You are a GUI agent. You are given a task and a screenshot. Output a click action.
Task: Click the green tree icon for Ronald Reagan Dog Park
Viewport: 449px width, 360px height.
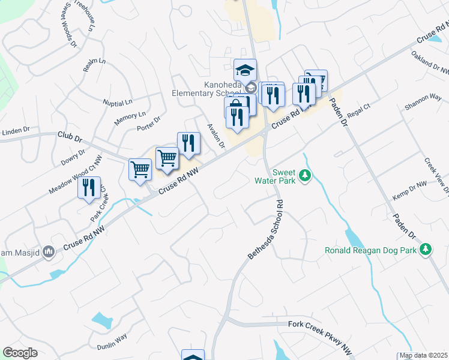point(426,249)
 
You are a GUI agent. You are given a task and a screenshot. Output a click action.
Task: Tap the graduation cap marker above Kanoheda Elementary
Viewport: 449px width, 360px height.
point(245,70)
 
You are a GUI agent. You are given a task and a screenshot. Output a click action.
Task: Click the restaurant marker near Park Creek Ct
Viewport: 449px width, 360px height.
point(89,187)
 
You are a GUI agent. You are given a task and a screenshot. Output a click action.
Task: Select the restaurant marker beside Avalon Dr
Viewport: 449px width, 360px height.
point(188,144)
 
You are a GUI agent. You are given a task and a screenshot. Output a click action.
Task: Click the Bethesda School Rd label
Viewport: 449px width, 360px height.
point(265,229)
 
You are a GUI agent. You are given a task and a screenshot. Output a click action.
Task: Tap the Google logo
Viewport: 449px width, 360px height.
point(20,353)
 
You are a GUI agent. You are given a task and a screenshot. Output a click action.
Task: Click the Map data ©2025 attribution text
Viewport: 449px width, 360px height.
point(423,355)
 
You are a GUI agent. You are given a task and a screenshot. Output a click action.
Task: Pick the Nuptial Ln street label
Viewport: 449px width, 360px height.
point(117,103)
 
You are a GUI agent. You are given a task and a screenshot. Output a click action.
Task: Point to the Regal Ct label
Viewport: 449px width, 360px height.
point(359,112)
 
